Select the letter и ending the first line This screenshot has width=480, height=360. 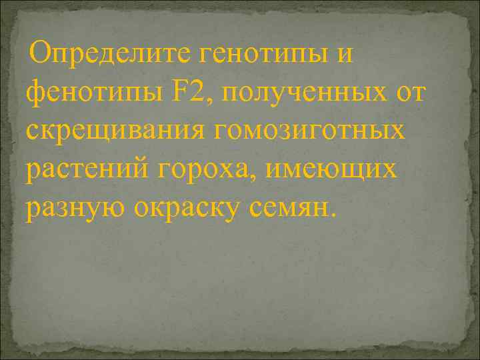[344, 54]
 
